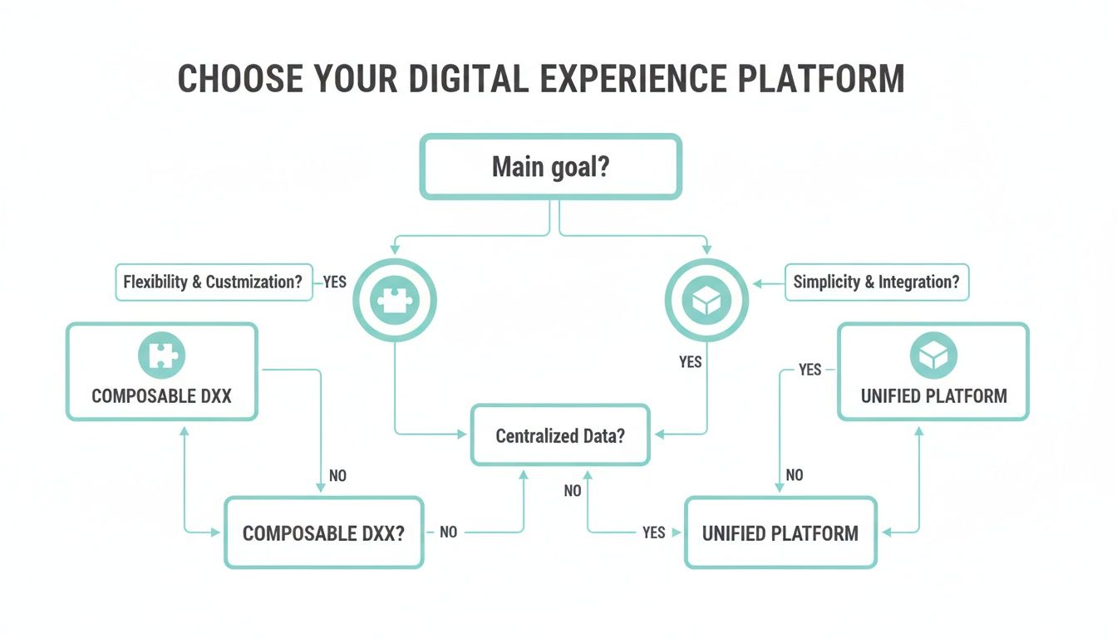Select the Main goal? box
coord(550,167)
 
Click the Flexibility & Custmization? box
coord(213,282)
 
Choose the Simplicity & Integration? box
coord(876,282)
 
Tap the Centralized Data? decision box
coord(560,435)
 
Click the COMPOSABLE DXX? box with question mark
coord(323,532)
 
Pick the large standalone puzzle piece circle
coord(395,300)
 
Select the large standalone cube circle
coord(706,300)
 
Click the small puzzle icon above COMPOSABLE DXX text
coord(161,356)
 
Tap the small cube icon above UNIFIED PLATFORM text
coord(933,356)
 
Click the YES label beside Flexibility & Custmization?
coord(334,282)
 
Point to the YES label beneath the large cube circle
coord(690,361)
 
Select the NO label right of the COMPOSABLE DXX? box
coord(448,532)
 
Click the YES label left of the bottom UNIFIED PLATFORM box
coord(653,532)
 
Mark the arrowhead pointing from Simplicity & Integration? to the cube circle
coord(758,282)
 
